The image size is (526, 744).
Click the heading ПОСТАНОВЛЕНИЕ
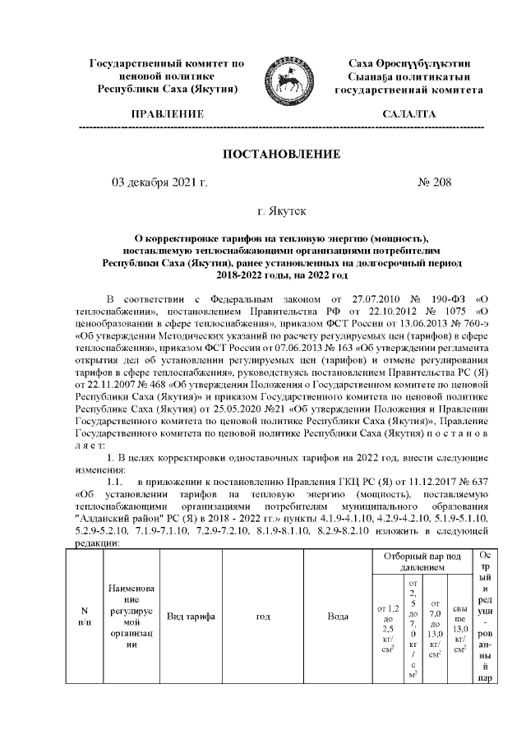point(282,154)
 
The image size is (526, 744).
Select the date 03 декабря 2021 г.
point(159,183)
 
